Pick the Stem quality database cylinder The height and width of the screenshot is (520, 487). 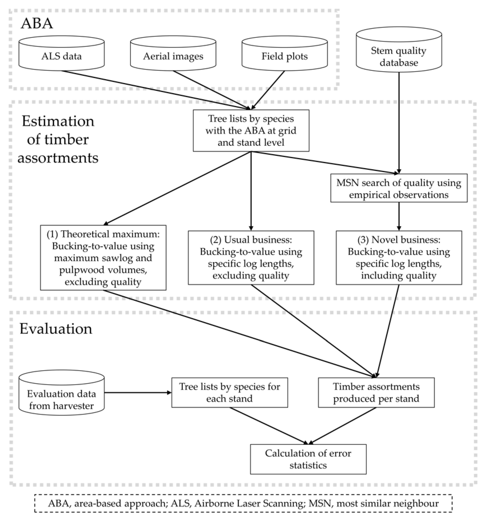tap(399, 56)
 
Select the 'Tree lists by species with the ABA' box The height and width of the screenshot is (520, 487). tap(251, 131)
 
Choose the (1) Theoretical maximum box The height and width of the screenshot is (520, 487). tap(103, 258)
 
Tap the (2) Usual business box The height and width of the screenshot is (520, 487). tap(251, 258)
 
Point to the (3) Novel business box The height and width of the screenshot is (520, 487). tap(399, 258)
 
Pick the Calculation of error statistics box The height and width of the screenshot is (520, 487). tap(308, 459)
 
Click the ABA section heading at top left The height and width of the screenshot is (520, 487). tap(37, 23)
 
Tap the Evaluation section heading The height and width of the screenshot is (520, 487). tap(56, 329)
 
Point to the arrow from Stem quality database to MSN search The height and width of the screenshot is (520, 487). tap(399, 123)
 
